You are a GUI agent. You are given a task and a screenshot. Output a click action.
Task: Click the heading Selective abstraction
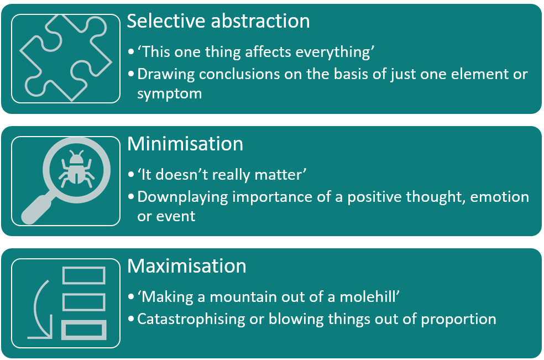click(218, 21)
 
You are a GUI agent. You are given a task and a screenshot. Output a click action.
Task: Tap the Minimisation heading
click(185, 144)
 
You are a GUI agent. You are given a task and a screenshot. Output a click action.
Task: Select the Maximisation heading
click(187, 267)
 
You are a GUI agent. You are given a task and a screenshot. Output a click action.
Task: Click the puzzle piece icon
click(66, 58)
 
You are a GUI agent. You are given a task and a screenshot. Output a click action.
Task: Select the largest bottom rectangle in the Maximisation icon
click(84, 330)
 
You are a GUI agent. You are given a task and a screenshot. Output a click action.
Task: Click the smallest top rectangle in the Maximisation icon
click(84, 275)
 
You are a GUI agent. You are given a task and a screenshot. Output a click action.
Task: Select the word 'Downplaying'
click(182, 197)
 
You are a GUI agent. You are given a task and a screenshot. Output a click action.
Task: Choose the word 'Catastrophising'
click(191, 320)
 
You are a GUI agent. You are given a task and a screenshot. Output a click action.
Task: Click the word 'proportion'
click(459, 320)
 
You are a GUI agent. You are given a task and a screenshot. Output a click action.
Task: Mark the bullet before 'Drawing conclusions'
click(131, 74)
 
